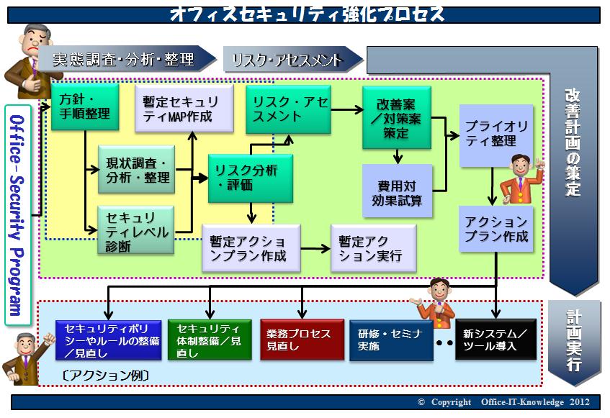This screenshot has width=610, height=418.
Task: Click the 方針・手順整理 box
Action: [85, 106]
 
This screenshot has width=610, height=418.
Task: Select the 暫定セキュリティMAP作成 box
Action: [184, 109]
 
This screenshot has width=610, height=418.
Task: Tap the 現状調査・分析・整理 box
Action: [137, 169]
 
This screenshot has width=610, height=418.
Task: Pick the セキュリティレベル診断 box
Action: [136, 230]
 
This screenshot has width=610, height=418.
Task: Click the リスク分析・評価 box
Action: [251, 178]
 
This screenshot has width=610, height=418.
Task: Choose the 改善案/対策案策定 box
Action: [397, 118]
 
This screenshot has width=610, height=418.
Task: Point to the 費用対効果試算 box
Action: [398, 191]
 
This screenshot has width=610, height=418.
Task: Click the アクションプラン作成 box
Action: [496, 229]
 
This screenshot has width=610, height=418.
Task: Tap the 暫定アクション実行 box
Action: [374, 248]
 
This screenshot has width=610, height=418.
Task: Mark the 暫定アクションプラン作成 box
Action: [251, 248]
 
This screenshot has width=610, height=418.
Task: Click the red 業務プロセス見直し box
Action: [302, 340]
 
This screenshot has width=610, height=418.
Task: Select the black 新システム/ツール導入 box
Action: [495, 339]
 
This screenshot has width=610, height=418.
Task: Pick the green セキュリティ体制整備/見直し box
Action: [210, 340]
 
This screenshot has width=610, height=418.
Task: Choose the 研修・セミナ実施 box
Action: [391, 340]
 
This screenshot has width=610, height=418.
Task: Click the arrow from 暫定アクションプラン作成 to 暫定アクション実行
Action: [315, 249]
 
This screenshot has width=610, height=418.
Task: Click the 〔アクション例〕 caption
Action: [105, 376]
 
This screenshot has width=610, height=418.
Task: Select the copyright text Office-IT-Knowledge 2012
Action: [535, 402]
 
